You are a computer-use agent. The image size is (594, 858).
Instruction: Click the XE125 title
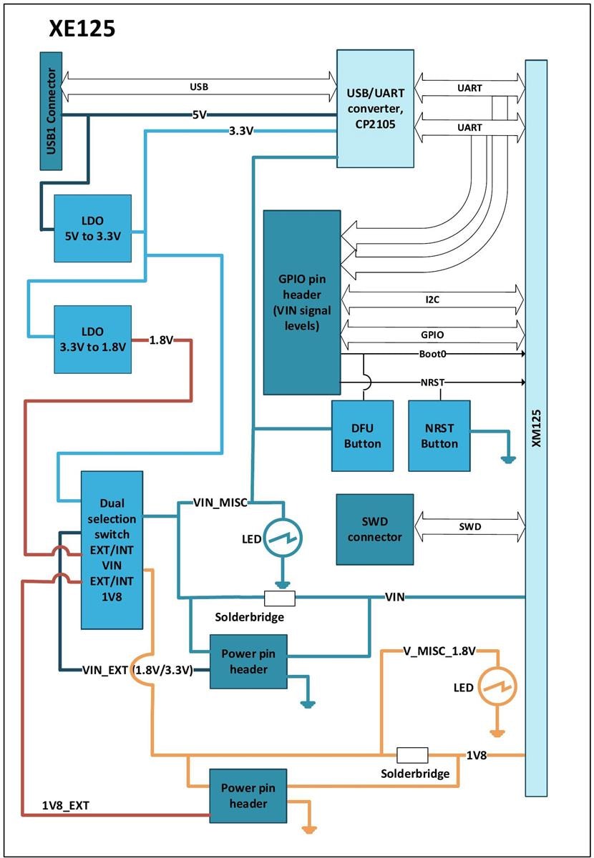click(82, 28)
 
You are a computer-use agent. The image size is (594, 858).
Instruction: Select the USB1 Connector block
click(51, 109)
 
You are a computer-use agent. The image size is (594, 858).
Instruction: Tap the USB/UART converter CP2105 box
click(375, 109)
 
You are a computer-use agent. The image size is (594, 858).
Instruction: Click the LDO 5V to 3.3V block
click(93, 227)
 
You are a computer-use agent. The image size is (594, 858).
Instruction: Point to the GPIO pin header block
click(301, 302)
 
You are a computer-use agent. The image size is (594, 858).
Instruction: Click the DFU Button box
click(362, 435)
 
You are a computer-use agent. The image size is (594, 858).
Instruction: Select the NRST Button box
click(439, 435)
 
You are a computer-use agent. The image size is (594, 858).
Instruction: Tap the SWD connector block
click(375, 528)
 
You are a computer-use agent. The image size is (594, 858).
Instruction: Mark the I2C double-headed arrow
click(433, 300)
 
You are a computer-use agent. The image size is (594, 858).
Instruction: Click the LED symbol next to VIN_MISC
click(283, 536)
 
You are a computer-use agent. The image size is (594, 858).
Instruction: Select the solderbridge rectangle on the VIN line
click(280, 598)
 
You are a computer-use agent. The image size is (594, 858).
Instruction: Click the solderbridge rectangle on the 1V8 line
click(412, 755)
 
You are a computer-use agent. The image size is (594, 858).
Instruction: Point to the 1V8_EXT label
click(66, 806)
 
